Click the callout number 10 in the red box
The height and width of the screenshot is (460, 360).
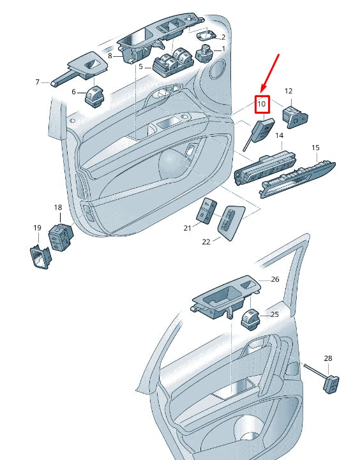click(261, 104)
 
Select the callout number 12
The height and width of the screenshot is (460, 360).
click(289, 91)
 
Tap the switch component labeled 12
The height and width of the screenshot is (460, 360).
click(295, 117)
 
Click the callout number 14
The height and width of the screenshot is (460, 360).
click(280, 135)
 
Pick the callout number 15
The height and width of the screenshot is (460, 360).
click(315, 148)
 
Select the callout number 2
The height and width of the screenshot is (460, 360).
click(223, 37)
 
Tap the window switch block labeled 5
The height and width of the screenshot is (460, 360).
click(174, 62)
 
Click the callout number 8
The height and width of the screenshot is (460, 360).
click(110, 56)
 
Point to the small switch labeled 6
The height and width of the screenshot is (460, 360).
click(94, 97)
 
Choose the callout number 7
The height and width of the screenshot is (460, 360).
click(37, 82)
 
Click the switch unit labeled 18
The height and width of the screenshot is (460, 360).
click(61, 237)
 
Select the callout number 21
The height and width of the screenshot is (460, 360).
click(187, 227)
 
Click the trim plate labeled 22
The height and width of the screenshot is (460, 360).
click(231, 222)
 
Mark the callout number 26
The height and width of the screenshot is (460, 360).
click(275, 279)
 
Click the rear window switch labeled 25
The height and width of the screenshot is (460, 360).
click(251, 319)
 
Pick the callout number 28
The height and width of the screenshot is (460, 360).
click(328, 358)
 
